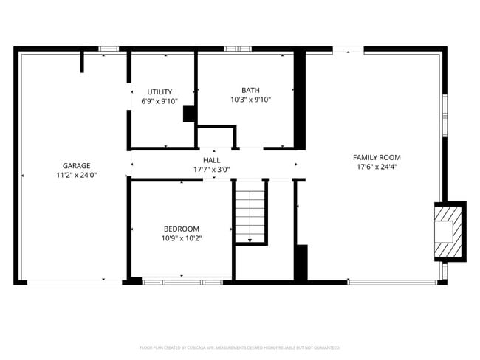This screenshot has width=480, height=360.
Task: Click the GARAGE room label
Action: click(x=76, y=165)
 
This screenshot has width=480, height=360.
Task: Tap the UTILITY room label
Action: click(x=160, y=92)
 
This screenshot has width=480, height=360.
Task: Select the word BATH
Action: click(x=250, y=90)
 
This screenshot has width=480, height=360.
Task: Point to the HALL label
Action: click(x=211, y=160)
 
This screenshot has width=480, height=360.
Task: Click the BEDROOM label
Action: click(x=181, y=229)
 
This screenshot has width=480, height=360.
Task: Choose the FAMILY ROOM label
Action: click(x=377, y=157)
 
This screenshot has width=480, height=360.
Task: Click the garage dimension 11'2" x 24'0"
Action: click(x=76, y=175)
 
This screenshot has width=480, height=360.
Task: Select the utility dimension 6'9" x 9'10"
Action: click(x=160, y=101)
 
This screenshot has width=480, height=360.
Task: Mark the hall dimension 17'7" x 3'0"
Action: click(x=211, y=169)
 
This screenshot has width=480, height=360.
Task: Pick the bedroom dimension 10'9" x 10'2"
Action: click(x=181, y=238)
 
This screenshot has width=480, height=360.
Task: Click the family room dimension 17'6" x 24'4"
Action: click(x=377, y=166)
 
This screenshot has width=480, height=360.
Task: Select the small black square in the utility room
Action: click(x=188, y=114)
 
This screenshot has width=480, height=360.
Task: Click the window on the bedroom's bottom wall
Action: click(x=182, y=281)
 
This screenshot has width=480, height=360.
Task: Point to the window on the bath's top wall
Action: click(x=235, y=49)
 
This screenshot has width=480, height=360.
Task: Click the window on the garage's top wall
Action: click(x=109, y=49)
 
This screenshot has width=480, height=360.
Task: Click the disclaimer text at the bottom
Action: click(x=239, y=347)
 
